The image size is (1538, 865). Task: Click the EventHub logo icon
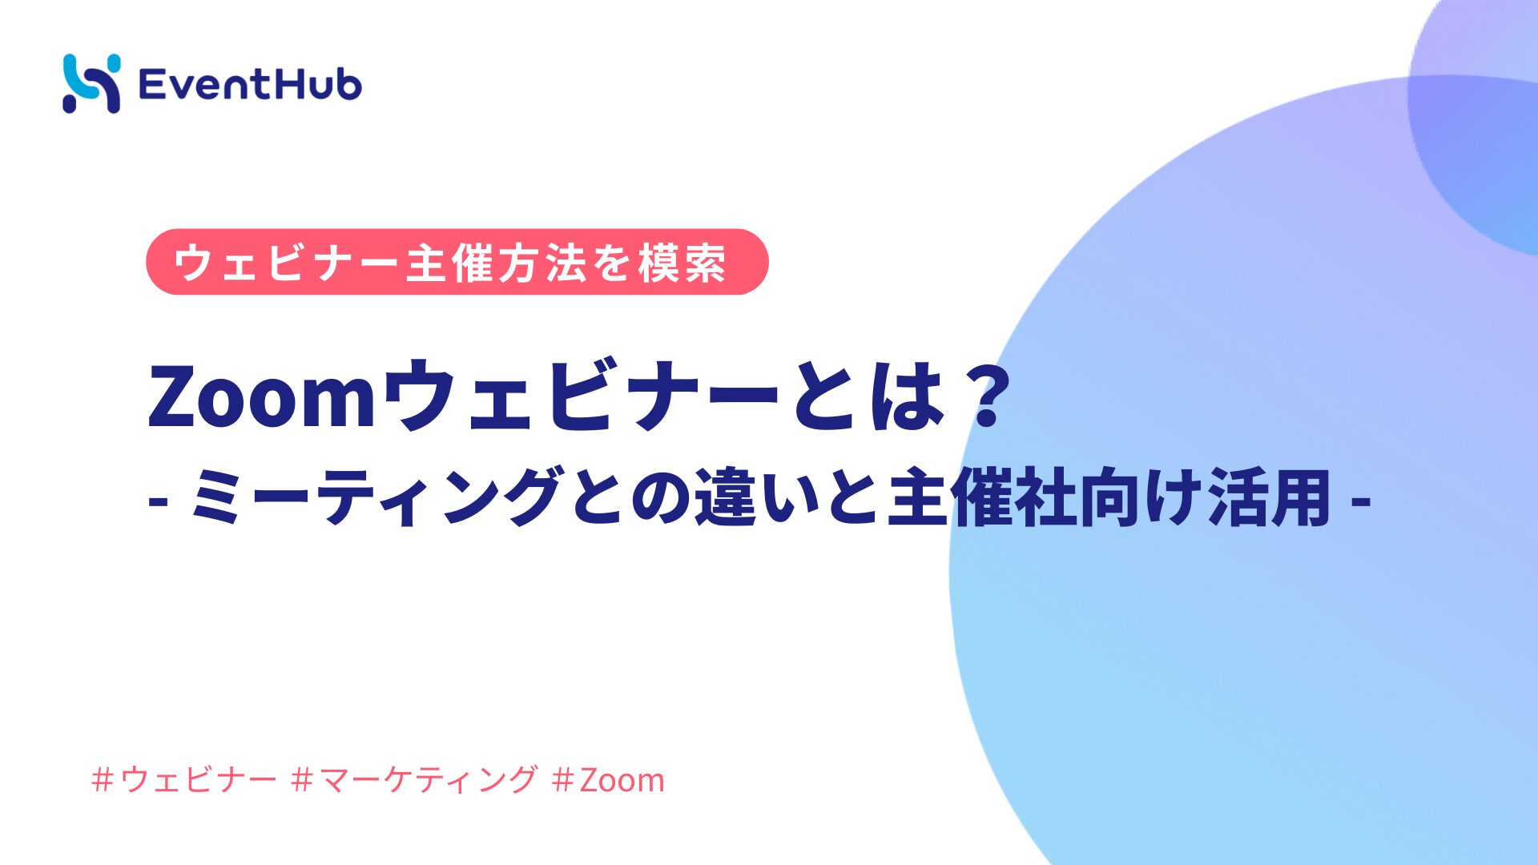tap(91, 83)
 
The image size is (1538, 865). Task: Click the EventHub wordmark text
tap(250, 84)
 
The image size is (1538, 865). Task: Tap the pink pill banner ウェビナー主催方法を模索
tap(457, 262)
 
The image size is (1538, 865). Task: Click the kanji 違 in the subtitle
tap(726, 497)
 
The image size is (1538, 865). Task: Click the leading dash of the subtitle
tap(158, 502)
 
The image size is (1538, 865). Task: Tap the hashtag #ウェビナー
tap(184, 779)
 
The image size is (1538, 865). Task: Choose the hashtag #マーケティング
tap(414, 779)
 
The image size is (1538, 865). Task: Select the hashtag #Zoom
tap(608, 779)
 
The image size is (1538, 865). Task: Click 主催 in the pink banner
tap(452, 263)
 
